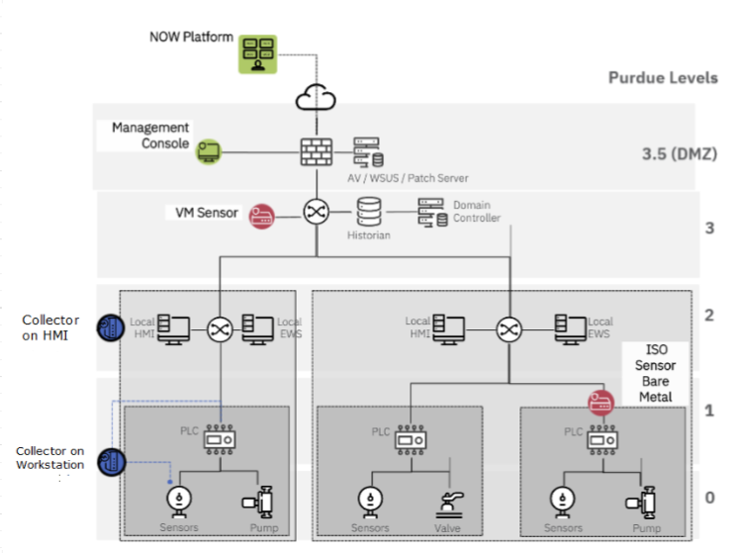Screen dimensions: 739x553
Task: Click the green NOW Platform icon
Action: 257,53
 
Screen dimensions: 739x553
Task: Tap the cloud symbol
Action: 316,97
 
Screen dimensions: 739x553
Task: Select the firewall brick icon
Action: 317,151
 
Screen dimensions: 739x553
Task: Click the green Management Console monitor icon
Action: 209,151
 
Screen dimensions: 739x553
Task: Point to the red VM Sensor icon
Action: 261,217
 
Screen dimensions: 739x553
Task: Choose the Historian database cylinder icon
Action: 369,212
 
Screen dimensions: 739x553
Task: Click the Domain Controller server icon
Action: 432,213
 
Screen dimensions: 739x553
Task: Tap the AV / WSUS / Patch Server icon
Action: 369,152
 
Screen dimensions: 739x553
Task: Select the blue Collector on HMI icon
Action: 111,327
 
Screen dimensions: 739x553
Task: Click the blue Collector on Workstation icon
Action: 112,462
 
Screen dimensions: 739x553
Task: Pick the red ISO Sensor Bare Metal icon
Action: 600,403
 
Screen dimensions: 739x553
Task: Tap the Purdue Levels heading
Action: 663,78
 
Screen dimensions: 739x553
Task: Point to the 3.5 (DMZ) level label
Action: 679,153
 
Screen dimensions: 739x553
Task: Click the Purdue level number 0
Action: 709,498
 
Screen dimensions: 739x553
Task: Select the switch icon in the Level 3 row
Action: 317,212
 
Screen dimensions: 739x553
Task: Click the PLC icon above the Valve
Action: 411,440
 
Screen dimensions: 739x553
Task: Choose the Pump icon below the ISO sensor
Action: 642,503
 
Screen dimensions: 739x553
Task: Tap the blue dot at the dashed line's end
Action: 170,482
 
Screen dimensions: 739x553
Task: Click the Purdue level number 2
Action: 709,316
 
